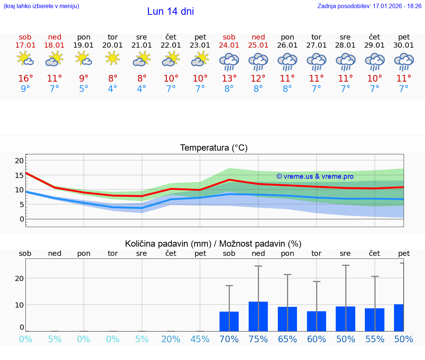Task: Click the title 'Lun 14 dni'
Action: tap(170, 11)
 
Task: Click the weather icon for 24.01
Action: tap(229, 62)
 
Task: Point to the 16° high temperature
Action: tap(25, 79)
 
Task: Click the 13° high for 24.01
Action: tap(229, 79)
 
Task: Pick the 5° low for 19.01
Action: tap(84, 89)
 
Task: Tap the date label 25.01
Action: tap(258, 45)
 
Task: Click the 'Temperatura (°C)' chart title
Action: tap(214, 148)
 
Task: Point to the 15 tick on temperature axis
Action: tap(20, 175)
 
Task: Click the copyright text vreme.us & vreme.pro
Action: tap(315, 176)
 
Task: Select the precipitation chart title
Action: tap(213, 244)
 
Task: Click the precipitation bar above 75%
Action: tap(258, 316)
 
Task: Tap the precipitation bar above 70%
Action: tap(229, 321)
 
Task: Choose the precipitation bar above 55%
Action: tap(375, 320)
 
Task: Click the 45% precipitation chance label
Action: tap(200, 339)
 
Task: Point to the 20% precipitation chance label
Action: tap(171, 339)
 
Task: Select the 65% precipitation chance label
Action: tap(287, 339)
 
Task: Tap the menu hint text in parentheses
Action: tap(41, 6)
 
